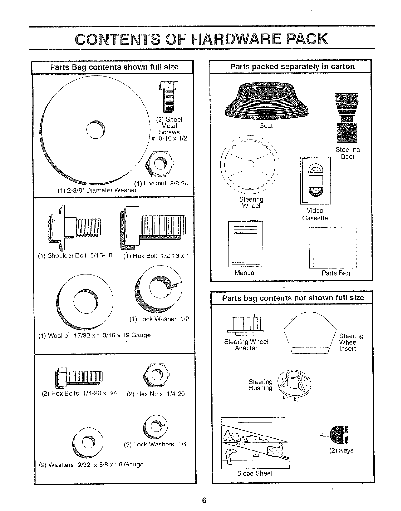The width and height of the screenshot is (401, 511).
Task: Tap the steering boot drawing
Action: (x=347, y=118)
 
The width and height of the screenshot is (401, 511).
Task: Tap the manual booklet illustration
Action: (x=245, y=244)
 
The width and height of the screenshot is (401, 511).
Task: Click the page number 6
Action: (x=204, y=500)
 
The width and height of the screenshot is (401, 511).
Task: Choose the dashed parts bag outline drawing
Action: (x=334, y=247)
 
